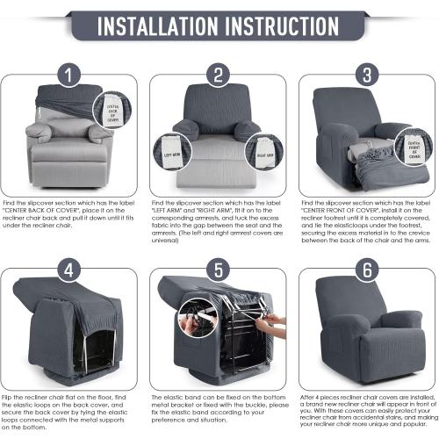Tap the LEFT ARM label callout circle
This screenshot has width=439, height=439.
coord(171,151)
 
